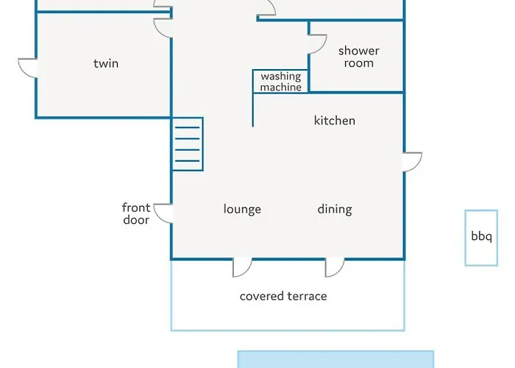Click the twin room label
tap(106, 63)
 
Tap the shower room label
tap(359, 57)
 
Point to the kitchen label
tap(334, 121)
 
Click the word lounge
tap(242, 209)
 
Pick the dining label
tap(335, 209)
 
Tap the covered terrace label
tap(283, 296)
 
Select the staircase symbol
tap(188, 144)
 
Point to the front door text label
tap(136, 213)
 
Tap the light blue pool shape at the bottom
tap(335, 359)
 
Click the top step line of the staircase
tap(188, 127)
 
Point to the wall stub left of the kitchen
tap(252, 110)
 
